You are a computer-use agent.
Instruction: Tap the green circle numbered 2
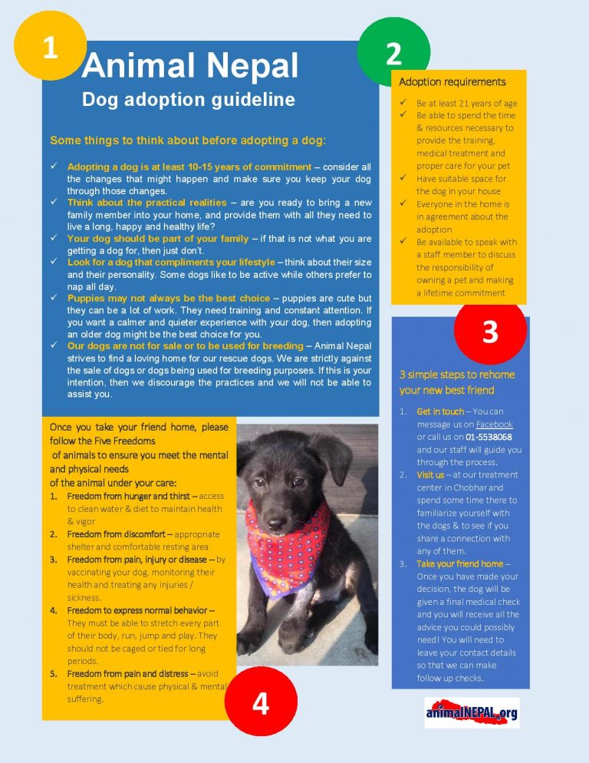click(x=393, y=51)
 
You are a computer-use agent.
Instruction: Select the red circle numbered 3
click(x=490, y=331)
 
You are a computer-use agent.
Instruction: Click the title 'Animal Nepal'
click(x=189, y=68)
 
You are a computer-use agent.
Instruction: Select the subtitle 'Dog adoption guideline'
click(x=188, y=100)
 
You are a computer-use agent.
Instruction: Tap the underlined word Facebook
click(x=495, y=424)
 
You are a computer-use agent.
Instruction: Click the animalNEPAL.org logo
click(x=472, y=714)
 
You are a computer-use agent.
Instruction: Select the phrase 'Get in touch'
click(x=439, y=412)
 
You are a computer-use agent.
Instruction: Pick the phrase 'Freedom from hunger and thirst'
click(x=127, y=496)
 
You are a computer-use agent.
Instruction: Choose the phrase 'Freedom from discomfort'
click(x=114, y=533)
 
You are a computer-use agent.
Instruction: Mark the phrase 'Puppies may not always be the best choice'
click(x=169, y=298)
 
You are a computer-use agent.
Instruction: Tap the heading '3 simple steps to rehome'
click(x=457, y=375)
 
